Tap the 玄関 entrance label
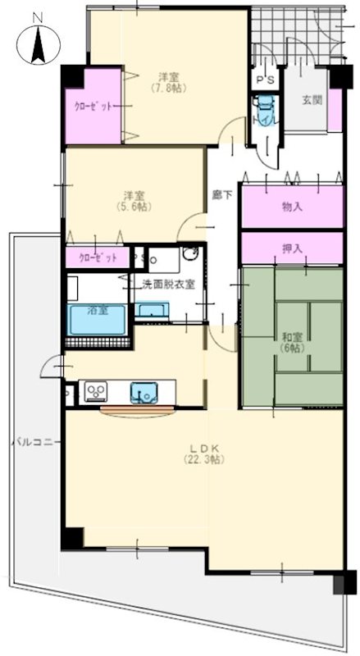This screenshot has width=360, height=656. [x=311, y=100]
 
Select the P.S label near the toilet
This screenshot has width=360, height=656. [x=264, y=80]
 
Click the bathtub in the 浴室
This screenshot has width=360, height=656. [x=97, y=318]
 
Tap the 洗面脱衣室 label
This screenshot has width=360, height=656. [x=167, y=285]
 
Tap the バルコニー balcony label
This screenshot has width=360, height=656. [x=31, y=442]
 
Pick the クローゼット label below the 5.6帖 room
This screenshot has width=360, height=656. [x=97, y=257]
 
